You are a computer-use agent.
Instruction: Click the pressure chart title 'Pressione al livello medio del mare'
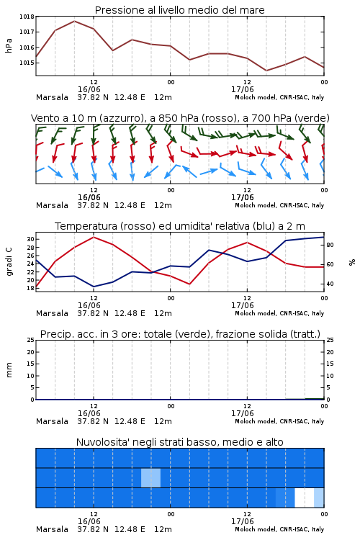(179, 10)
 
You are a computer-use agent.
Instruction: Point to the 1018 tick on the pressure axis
(27, 17)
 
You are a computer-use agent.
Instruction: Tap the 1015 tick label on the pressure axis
(27, 63)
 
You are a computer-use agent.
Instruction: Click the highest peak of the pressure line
(74, 21)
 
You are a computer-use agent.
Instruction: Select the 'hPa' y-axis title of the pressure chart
(9, 45)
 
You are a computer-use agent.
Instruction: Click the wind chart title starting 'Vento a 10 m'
(180, 118)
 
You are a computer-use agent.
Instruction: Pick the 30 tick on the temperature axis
(30, 239)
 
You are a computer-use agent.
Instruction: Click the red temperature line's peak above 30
(94, 237)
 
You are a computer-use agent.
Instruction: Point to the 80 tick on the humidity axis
(330, 245)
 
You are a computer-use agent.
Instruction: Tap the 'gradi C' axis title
(9, 261)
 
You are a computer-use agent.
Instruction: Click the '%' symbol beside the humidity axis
(352, 262)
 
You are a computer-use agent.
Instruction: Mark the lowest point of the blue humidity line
(94, 287)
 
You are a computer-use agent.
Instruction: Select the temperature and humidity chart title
(180, 226)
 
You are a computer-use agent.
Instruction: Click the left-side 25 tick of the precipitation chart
(30, 340)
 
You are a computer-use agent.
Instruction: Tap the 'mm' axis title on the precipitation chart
(9, 370)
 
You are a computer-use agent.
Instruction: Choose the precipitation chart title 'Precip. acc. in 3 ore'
(180, 334)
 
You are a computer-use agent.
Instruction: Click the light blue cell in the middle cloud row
(151, 477)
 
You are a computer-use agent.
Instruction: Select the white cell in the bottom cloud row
(305, 498)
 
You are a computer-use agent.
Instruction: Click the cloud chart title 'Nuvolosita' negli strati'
(179, 442)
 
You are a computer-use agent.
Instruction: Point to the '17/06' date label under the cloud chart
(242, 521)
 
